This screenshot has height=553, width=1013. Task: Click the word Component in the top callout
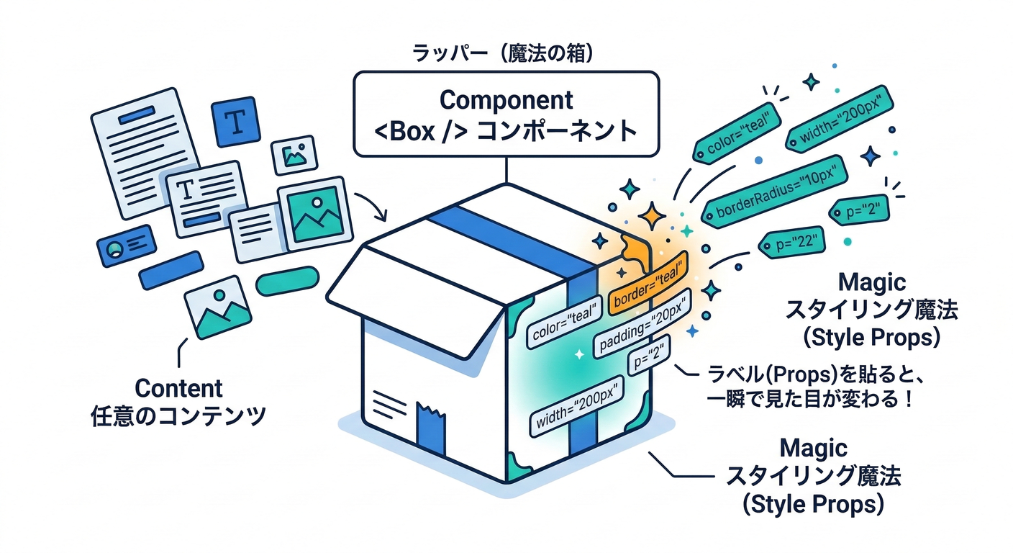[x=506, y=99]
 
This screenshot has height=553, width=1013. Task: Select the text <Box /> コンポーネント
[x=506, y=131]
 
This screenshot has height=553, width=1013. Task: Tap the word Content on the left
[x=178, y=388]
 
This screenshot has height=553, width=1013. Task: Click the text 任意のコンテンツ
[x=178, y=417]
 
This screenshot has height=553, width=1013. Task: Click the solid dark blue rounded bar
[x=171, y=269]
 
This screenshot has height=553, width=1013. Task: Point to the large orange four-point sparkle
[x=652, y=215]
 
